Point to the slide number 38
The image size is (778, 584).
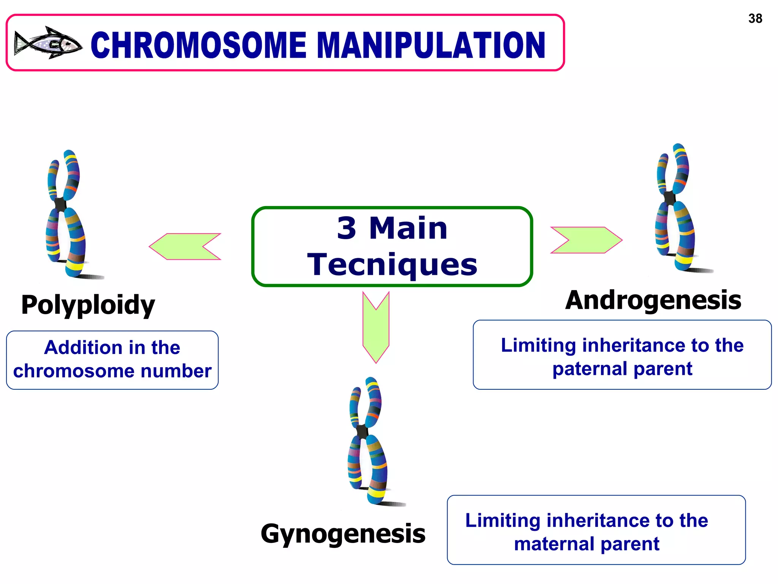[x=755, y=18]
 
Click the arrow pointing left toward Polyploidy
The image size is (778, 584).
[x=185, y=246]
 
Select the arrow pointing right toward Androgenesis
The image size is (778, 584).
[x=586, y=240]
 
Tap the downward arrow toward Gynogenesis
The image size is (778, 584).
[x=376, y=327]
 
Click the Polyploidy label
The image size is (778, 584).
[x=88, y=305]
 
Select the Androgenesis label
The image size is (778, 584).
[x=653, y=300]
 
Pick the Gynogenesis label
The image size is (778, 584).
[x=343, y=534]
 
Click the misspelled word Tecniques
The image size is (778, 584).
[x=392, y=265]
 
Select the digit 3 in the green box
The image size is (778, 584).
[x=346, y=228]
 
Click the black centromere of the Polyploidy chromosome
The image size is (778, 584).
[x=60, y=204]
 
